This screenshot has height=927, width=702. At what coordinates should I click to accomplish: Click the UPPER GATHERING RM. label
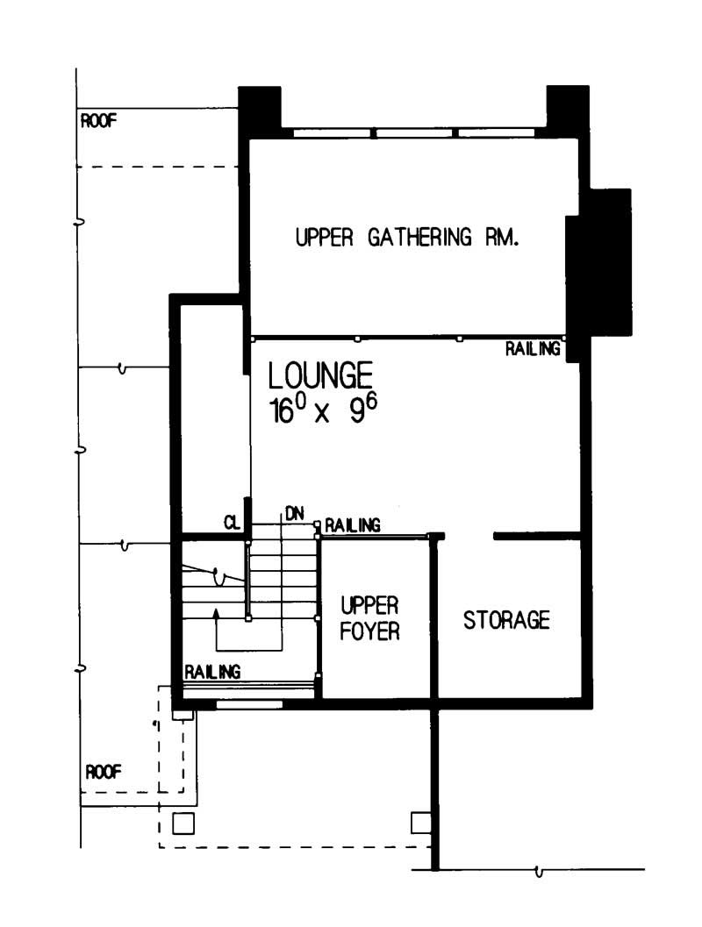pyautogui.click(x=409, y=238)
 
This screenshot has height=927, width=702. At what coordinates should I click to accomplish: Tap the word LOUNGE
pyautogui.click(x=320, y=376)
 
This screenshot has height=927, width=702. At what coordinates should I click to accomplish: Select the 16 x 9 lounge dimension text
pyautogui.click(x=326, y=409)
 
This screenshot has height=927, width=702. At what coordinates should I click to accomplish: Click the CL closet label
pyautogui.click(x=232, y=524)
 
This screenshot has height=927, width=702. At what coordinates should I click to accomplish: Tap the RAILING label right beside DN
pyautogui.click(x=353, y=525)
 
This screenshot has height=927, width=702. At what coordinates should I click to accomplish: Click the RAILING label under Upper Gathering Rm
pyautogui.click(x=532, y=349)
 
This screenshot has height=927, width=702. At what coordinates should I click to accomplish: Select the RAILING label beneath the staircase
pyautogui.click(x=212, y=672)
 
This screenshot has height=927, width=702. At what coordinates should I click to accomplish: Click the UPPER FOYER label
pyautogui.click(x=370, y=617)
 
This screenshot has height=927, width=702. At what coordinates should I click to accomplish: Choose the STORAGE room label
pyautogui.click(x=506, y=620)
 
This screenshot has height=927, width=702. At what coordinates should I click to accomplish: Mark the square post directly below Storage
pyautogui.click(x=421, y=823)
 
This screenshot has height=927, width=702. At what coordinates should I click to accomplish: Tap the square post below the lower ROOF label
pyautogui.click(x=183, y=823)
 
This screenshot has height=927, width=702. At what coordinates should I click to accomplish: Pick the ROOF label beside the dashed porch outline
pyautogui.click(x=104, y=772)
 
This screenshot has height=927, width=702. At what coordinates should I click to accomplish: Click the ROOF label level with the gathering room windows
pyautogui.click(x=98, y=120)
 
